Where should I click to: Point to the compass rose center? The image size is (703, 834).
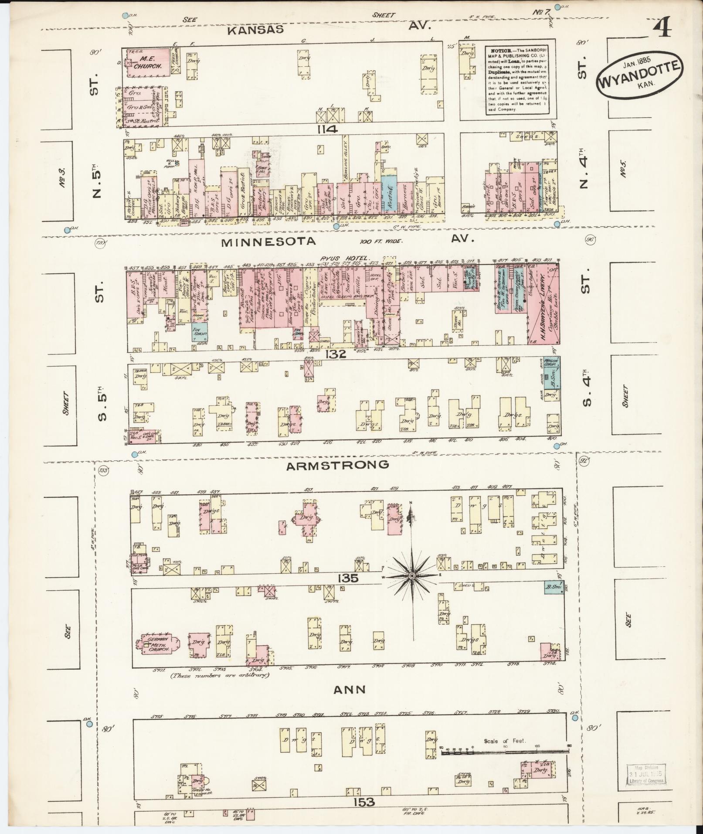click(411, 576)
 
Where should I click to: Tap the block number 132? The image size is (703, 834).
click(335, 354)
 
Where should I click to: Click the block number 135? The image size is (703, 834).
click(347, 578)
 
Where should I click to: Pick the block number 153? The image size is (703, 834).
click(364, 802)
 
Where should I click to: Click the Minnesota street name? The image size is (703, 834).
click(268, 242)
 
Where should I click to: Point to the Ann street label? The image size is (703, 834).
click(349, 689)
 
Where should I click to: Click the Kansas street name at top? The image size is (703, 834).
click(255, 30)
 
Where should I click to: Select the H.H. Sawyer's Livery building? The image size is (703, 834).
click(543, 305)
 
